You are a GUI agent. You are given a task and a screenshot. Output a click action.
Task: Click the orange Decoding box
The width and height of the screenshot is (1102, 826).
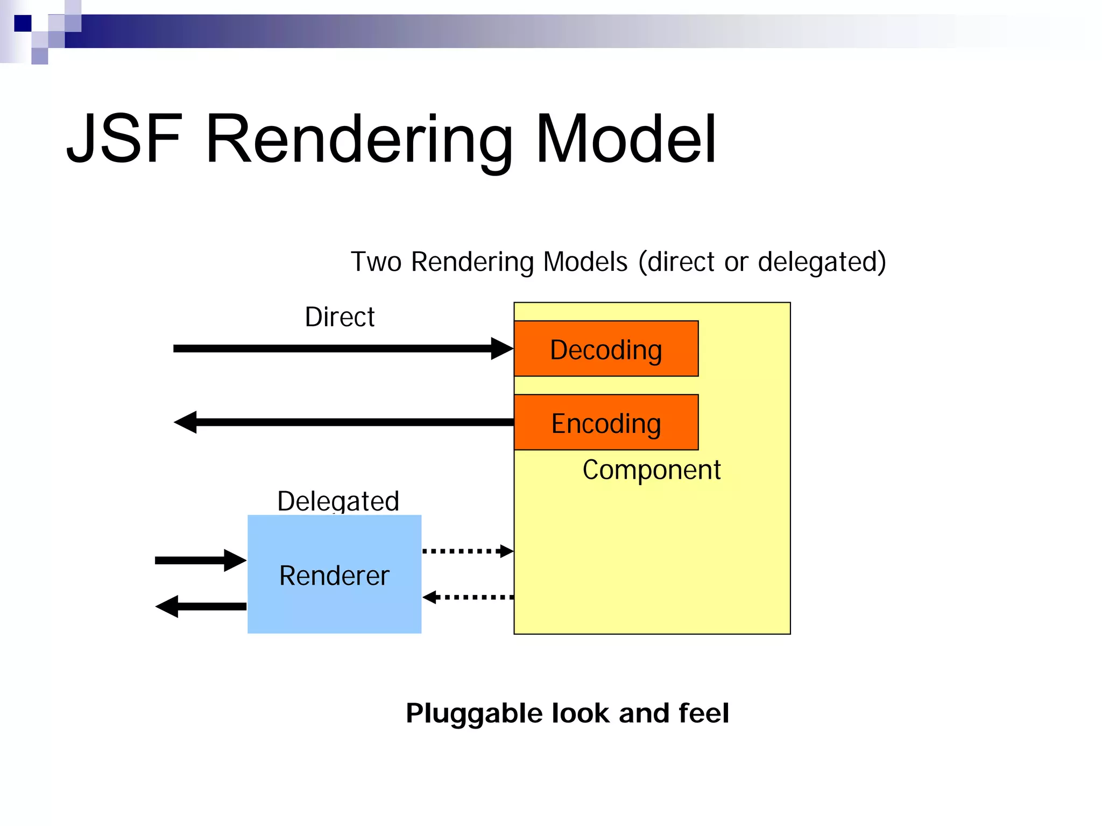606,348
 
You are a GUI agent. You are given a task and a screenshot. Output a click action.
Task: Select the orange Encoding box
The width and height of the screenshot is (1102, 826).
606,422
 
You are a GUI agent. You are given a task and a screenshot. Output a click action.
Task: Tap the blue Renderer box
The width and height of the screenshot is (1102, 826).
334,574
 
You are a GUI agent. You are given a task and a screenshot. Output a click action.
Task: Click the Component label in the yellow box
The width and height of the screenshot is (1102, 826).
651,470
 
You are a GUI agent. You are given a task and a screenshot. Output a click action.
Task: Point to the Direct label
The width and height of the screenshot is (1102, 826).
340,317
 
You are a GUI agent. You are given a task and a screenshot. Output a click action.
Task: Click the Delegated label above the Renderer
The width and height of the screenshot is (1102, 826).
338,500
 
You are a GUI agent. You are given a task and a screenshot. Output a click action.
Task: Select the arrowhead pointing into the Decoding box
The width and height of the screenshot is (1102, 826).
502,348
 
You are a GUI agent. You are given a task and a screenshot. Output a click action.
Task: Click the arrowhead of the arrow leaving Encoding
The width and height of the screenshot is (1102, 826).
186,422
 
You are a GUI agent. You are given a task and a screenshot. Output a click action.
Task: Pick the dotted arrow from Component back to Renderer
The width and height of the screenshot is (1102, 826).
468,597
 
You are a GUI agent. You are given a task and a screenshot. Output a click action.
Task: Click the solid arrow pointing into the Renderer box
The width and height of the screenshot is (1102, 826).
201,561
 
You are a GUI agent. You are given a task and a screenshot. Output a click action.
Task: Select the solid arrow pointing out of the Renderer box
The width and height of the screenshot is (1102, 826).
201,606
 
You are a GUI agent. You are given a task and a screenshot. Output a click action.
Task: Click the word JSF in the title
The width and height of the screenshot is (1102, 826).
124,139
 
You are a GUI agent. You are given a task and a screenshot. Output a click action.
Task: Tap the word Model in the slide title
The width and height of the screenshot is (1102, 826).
625,139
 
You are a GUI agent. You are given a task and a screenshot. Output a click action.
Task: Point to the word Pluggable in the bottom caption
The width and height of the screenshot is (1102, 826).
474,714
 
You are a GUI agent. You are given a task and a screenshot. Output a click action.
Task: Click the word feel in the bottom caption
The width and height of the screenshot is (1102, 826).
703,713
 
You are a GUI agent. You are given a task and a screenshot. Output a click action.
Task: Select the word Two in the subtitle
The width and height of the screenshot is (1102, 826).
376,262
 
